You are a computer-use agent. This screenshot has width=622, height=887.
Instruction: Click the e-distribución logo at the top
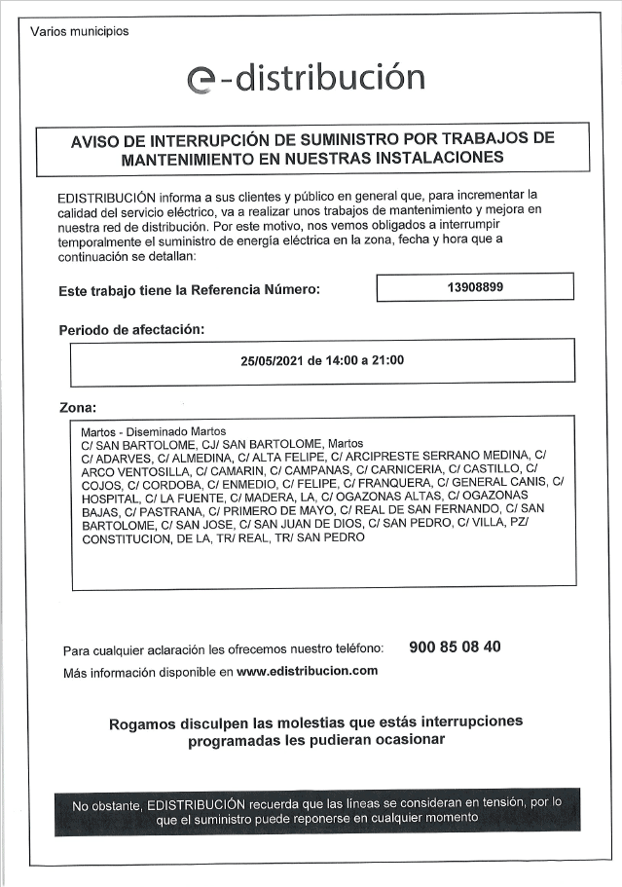[306, 79]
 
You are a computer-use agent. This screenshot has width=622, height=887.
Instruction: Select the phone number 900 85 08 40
[456, 647]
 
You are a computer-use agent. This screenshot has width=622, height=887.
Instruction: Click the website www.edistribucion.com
[307, 671]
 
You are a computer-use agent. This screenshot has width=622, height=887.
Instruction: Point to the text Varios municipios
[80, 31]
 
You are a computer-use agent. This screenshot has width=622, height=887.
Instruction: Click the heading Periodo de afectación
[131, 329]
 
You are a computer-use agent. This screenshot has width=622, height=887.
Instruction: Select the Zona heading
[78, 407]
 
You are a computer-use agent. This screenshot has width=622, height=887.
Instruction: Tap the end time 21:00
[388, 360]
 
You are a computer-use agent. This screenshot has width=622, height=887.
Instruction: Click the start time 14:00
[337, 360]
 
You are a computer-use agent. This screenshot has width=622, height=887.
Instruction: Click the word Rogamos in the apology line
[141, 722]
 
